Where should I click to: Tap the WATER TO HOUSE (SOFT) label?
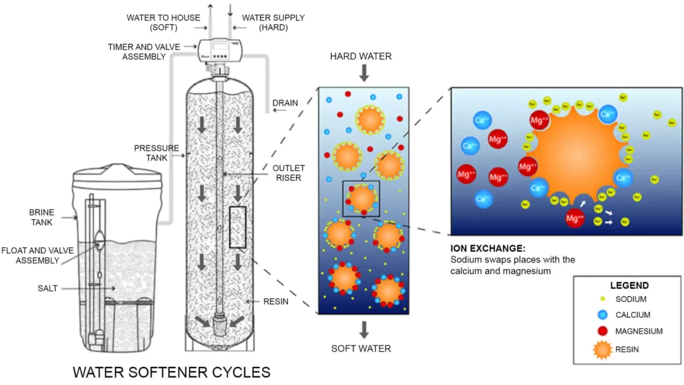pyautogui.click(x=163, y=23)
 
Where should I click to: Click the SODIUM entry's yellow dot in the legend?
pyautogui.click(x=604, y=299)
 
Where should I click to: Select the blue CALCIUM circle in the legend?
pyautogui.click(x=604, y=314)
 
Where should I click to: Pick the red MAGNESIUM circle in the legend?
pyautogui.click(x=604, y=331)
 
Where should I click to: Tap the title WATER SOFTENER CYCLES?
pyautogui.click(x=171, y=372)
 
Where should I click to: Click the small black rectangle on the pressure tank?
pyautogui.click(x=238, y=227)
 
